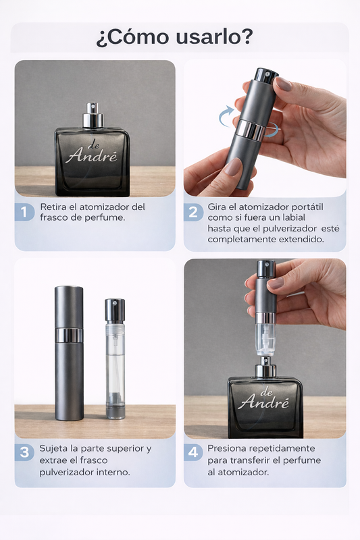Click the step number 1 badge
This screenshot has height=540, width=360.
(x=24, y=212)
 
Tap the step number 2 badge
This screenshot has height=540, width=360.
(x=193, y=212)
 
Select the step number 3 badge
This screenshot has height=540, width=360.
(x=24, y=452)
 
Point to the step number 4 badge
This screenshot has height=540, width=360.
(x=193, y=452)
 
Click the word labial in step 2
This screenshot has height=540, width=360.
(x=293, y=217)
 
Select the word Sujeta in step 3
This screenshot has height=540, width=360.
(x=53, y=449)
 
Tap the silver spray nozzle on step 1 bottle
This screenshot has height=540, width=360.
(x=93, y=115)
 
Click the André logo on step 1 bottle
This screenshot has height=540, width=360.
(x=92, y=153)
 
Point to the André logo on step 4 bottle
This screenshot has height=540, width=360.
(x=264, y=399)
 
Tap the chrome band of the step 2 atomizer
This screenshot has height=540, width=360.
(x=252, y=130)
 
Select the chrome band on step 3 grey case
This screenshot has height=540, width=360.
(x=69, y=335)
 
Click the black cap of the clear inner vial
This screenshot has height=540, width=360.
(x=115, y=310)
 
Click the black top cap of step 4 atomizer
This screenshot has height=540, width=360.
(x=266, y=269)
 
